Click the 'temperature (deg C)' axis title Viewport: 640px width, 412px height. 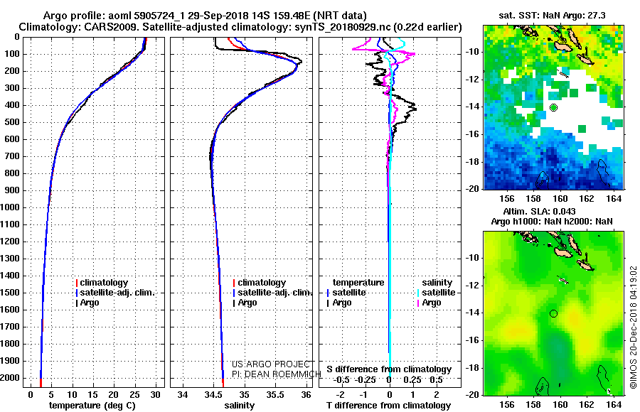pos(92,406)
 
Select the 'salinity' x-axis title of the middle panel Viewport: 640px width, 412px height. pos(239,406)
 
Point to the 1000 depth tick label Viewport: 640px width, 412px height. pos(11,207)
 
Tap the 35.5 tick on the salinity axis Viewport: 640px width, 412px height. pos(274,395)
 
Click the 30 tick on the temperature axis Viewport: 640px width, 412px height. pos(155,395)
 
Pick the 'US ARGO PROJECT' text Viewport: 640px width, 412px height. pos(271,364)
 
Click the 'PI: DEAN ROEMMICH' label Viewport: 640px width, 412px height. pos(277,374)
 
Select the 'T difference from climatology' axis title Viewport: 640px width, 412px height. pos(388,406)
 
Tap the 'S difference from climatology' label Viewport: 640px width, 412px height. pos(389,369)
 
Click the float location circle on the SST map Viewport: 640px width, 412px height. pos(553,108)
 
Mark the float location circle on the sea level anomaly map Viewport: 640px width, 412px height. pos(553,313)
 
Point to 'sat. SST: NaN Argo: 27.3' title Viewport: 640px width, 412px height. pos(553,16)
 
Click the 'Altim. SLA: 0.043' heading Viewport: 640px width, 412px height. pos(539,211)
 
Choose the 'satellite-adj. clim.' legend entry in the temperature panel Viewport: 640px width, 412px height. pos(115,293)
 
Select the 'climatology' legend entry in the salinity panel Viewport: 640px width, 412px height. pos(259,283)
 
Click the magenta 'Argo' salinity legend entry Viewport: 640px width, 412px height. pos(429,303)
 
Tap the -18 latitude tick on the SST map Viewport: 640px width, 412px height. pos(473,161)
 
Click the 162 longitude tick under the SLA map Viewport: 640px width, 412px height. pos(587,404)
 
